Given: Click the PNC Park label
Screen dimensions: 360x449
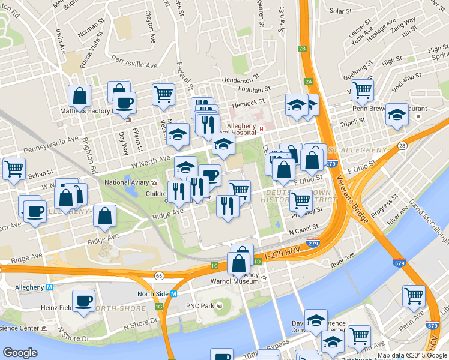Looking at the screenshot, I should click(x=200, y=306).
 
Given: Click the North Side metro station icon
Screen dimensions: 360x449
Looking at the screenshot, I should click(x=173, y=294).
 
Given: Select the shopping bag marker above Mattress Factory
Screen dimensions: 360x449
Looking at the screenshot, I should click(x=79, y=95).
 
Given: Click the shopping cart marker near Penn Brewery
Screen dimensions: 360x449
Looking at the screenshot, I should click(x=362, y=90).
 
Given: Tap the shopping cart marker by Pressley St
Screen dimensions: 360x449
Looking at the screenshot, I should click(x=300, y=200).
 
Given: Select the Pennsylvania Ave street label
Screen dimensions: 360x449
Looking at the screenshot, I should click(x=51, y=143).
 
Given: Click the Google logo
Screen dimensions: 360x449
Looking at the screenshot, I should click(x=20, y=353).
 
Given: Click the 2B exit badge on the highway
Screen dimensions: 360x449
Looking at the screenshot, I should click(x=303, y=49).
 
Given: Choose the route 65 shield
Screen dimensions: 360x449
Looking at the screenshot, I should click(x=159, y=275).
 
